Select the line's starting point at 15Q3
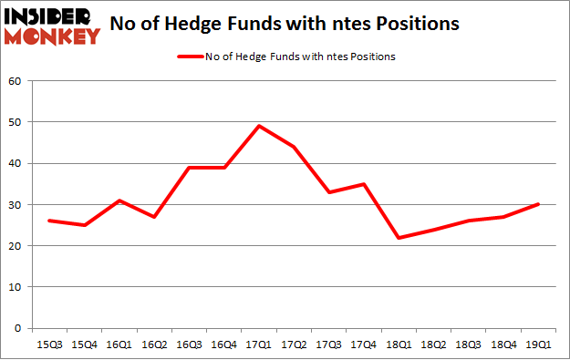point(48,221)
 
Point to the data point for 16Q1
point(119,201)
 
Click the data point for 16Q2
point(155,217)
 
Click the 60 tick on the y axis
point(16,81)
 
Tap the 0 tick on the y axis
point(19,328)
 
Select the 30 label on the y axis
point(16,205)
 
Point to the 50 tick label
point(16,122)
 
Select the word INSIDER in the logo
point(49,15)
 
